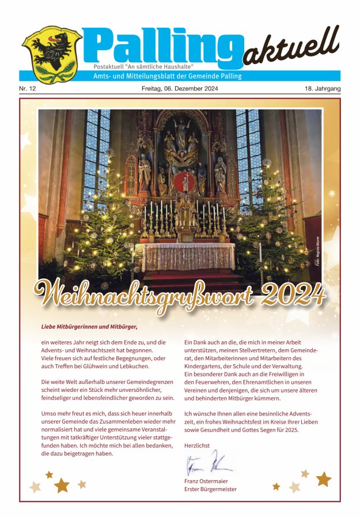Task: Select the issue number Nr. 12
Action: pyautogui.click(x=28, y=89)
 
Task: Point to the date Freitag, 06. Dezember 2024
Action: pyautogui.click(x=180, y=89)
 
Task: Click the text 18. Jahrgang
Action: pyautogui.click(x=323, y=89)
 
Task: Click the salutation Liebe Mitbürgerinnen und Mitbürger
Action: pyautogui.click(x=90, y=327)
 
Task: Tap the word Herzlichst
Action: pyautogui.click(x=197, y=445)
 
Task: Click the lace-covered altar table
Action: pyautogui.click(x=189, y=256)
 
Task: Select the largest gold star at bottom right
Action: pyautogui.click(x=324, y=478)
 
